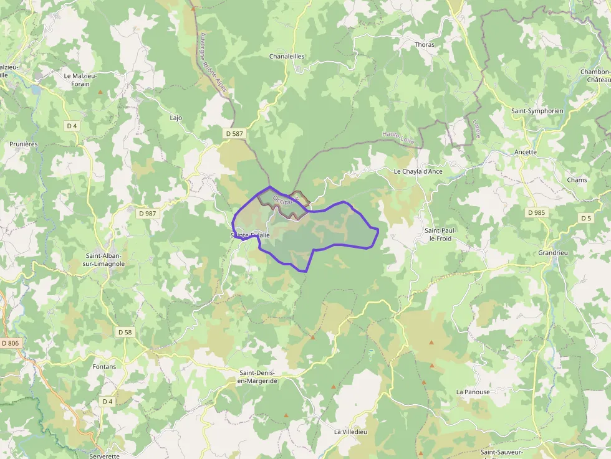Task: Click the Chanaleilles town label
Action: coord(286,56)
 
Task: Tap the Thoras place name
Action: coord(425,45)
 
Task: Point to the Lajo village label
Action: coord(176,117)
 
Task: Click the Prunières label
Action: coord(24,144)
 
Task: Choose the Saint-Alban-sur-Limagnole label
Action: coord(105,260)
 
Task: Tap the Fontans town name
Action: coord(104,367)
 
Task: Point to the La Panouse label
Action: coord(473,392)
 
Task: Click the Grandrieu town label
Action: coord(553,253)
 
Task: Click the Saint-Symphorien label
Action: coord(537,111)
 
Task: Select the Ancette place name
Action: coord(526,152)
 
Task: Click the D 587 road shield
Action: coord(234,133)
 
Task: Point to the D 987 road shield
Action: coord(148,213)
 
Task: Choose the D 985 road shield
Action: coord(536,212)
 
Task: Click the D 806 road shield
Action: coord(11,343)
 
